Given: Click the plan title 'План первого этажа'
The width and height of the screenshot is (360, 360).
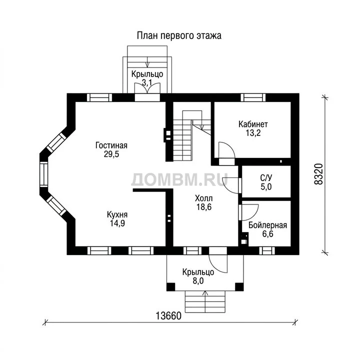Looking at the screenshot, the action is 179,36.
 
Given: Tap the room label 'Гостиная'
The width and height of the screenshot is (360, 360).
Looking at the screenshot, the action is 111,145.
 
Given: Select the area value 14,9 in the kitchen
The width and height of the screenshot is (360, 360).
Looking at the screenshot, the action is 117,223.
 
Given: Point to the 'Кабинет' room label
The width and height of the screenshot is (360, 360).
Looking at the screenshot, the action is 253,124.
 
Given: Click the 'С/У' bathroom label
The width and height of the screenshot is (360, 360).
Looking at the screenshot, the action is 266,177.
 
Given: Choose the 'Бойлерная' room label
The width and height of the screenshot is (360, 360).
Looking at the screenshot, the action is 267,225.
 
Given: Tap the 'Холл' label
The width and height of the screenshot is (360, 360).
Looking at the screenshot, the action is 204,198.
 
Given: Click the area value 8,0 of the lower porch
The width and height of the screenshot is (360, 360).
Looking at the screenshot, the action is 198,280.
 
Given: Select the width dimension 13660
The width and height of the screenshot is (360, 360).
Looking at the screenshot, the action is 168,316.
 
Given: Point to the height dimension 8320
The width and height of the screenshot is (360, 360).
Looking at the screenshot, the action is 318,174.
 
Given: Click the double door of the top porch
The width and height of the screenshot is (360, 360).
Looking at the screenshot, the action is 147,88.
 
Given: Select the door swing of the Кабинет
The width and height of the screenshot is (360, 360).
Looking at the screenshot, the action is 226,150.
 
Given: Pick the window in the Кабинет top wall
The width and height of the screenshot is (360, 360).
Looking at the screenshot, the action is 253,97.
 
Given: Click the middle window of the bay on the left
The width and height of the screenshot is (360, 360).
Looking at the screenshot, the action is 43,174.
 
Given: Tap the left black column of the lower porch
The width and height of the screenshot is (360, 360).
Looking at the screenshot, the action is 170,287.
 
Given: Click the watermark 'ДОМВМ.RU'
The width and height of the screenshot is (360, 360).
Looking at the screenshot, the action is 179,179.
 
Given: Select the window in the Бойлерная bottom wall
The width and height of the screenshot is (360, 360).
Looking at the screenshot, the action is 267,250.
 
